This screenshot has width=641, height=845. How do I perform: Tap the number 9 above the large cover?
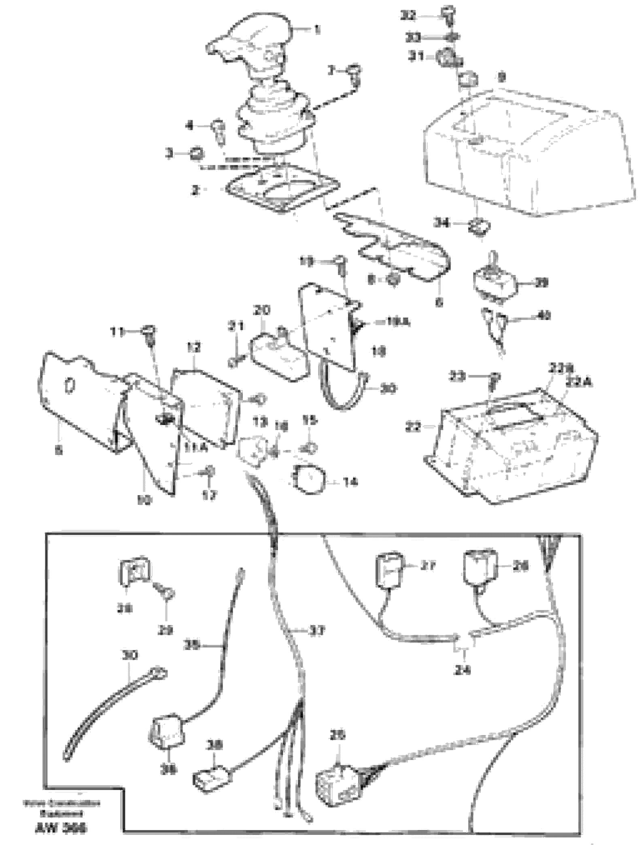(x=501, y=77)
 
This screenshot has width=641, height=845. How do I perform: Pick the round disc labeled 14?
(x=309, y=479)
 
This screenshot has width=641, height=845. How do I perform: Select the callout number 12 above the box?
(x=194, y=347)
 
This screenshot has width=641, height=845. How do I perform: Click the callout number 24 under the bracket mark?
(x=463, y=670)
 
